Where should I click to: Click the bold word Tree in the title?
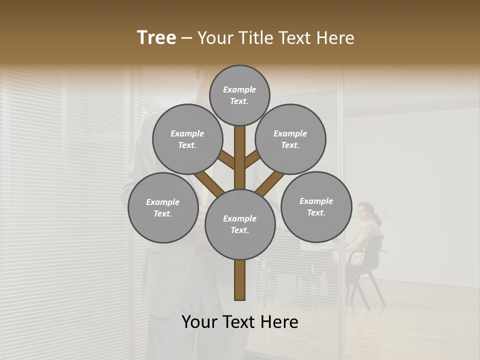point(156,38)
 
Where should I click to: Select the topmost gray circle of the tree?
point(239,95)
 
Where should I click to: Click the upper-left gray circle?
point(187,139)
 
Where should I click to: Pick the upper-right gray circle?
point(290,139)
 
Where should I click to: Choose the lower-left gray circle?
point(163,207)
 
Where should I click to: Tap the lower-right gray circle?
point(316,206)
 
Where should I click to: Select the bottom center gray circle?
point(240,224)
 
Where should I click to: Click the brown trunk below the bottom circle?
point(240,280)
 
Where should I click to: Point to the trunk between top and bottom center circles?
point(240,157)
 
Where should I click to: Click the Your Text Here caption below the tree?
point(240,322)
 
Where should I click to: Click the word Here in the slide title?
point(336,38)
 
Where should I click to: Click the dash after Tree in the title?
point(186,38)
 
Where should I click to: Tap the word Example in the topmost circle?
point(239,90)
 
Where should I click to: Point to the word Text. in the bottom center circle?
point(240,230)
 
